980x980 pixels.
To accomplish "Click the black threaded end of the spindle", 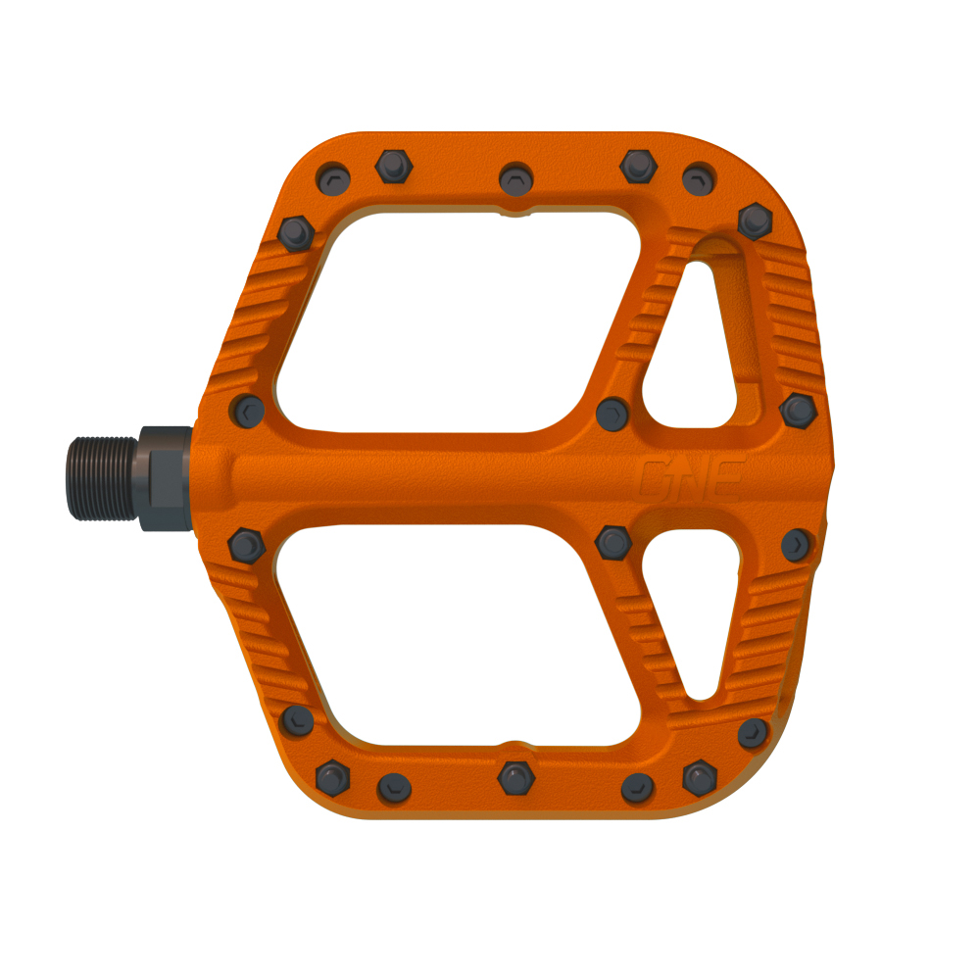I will point(103,478).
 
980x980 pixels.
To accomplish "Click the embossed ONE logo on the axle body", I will point(692,478).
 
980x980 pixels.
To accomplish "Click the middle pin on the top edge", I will point(515,179).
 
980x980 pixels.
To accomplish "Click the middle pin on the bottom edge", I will point(515,778).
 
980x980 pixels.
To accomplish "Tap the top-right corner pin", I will point(755,220).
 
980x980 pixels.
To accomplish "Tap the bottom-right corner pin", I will point(753,732).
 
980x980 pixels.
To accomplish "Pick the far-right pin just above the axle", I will point(799,410).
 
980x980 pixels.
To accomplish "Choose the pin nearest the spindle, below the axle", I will point(244,544).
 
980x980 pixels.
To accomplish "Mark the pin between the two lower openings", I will point(612,541).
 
